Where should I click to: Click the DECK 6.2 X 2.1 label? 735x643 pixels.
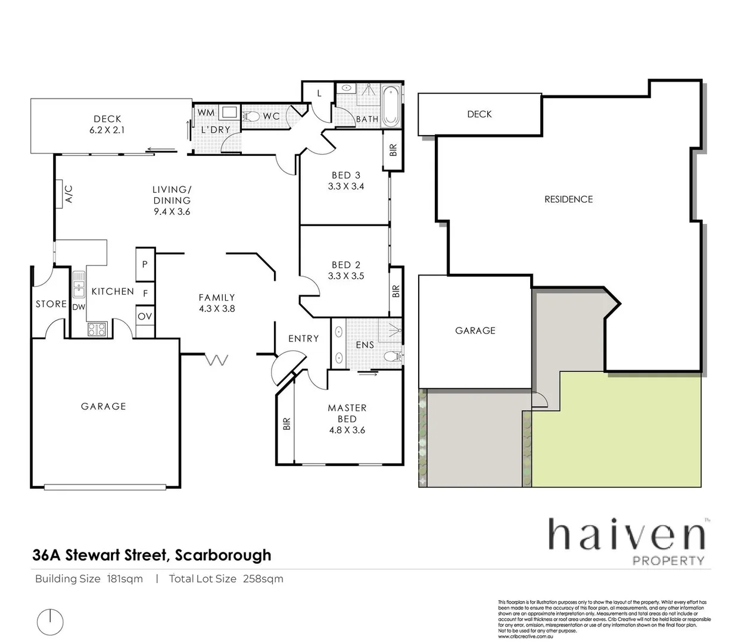[x=107, y=124]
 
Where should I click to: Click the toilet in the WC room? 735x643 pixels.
[x=253, y=117]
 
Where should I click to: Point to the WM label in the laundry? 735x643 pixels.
[x=205, y=113]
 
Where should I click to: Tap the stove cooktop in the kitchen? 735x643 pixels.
[x=96, y=329]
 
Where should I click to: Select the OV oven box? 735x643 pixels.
[x=145, y=316]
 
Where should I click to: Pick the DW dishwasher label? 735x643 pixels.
[x=79, y=307]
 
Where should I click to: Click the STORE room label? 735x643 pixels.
[x=51, y=304]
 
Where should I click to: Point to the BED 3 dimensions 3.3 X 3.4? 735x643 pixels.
[x=346, y=186]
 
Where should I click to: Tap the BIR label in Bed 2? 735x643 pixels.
[x=395, y=291]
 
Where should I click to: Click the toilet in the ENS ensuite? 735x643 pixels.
[x=391, y=357]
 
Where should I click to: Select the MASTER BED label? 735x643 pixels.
[x=347, y=413]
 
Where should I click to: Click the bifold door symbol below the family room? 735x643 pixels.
[x=217, y=360]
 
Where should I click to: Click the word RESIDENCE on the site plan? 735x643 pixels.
[x=568, y=199]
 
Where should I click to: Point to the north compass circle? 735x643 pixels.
[x=51, y=622]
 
